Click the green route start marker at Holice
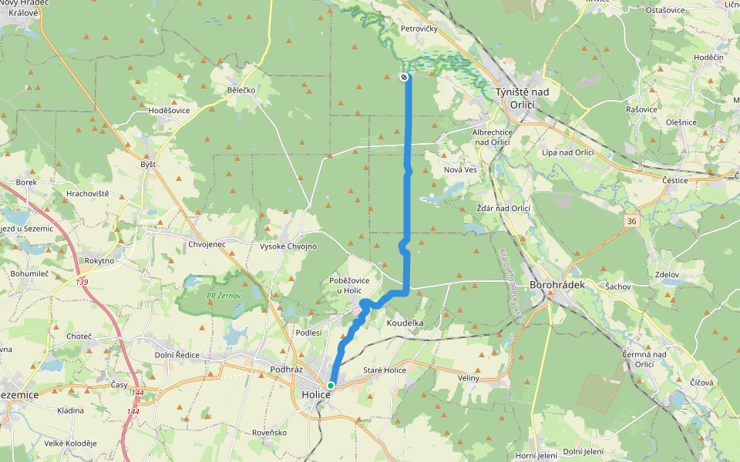[331, 385]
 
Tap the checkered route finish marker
[404, 77]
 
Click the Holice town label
[316, 395]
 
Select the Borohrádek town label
[554, 284]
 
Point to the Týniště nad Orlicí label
[523, 97]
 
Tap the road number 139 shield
[82, 283]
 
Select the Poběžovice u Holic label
[355, 285]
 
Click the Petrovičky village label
[419, 28]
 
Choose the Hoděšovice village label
[169, 111]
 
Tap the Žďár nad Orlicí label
[504, 208]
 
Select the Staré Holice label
[384, 370]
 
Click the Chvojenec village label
[207, 245]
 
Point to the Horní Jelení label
[536, 455]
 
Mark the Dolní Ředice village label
[177, 355]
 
